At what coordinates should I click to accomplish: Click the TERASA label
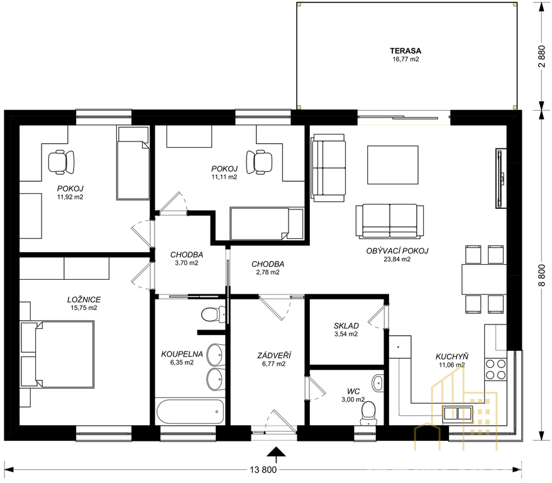coord(406,51)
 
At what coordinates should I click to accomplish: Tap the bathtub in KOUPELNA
coord(190,411)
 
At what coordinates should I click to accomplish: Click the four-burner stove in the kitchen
coord(495,369)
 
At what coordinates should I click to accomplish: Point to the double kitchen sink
coord(457,413)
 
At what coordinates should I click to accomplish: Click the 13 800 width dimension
coord(263,469)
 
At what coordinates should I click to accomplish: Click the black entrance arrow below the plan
coord(276,453)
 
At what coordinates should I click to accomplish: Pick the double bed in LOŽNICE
coord(57,355)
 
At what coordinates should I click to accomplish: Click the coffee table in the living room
coord(393,165)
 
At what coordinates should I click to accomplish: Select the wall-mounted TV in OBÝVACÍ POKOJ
coord(500,179)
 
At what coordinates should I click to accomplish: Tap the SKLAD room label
coord(346,326)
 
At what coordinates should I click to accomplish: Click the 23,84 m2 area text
coord(397,260)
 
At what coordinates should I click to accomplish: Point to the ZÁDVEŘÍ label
coord(274,356)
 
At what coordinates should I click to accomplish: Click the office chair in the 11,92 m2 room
coord(61,162)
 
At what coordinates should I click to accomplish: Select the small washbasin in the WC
coord(378,383)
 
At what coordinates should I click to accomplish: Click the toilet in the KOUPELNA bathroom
coord(213,314)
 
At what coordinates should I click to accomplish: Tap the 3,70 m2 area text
coord(187,263)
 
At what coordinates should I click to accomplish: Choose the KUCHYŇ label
coord(451,357)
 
